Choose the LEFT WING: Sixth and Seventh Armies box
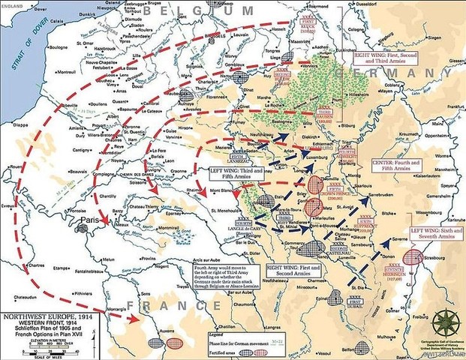[x=437, y=232]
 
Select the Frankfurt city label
[x=452, y=107]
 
